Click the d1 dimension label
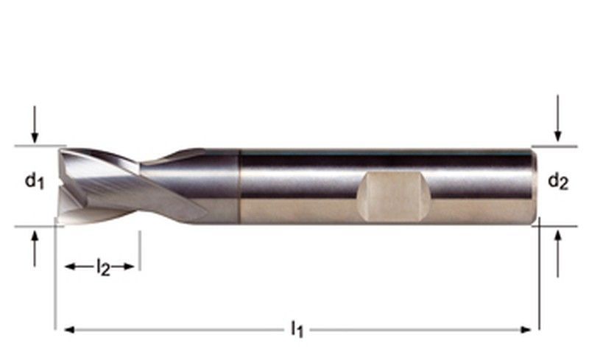(35, 180)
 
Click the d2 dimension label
(558, 181)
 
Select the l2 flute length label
(103, 267)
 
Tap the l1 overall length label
(297, 329)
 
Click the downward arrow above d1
(35, 124)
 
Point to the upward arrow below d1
(35, 249)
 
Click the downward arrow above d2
(558, 119)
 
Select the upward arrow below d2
(558, 254)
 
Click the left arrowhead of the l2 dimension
(70, 267)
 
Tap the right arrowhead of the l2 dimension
(130, 267)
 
